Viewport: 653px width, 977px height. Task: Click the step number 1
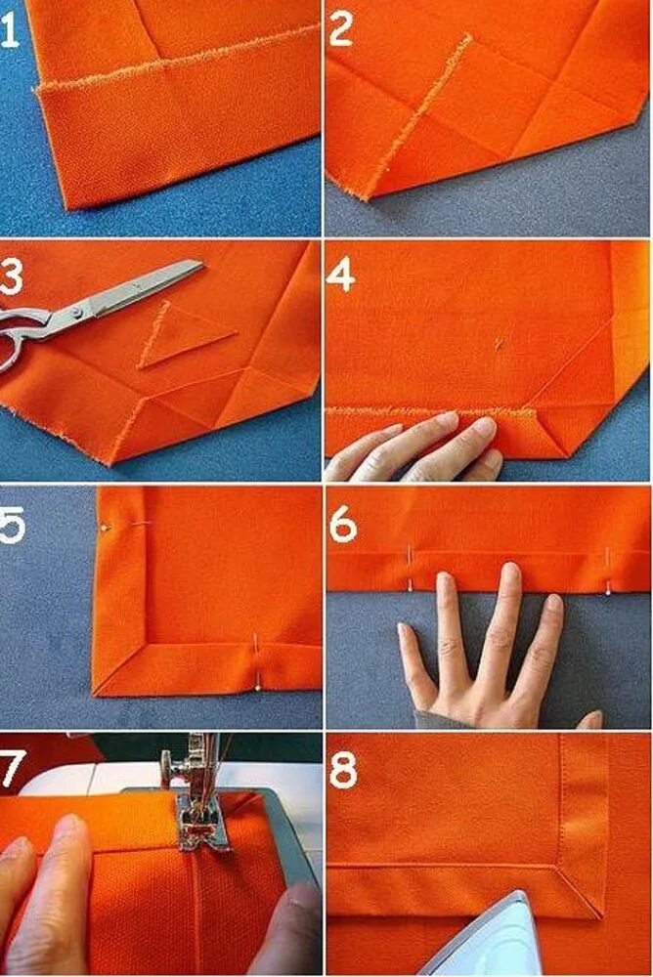9,31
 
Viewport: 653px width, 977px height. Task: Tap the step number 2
341,29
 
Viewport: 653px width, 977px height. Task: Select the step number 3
11,276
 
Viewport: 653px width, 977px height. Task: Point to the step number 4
340,276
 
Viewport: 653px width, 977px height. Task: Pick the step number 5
12,526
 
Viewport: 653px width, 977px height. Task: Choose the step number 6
343,524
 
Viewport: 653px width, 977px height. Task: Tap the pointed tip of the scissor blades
202,264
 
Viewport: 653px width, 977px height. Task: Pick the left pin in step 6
410,567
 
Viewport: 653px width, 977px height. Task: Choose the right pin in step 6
609,571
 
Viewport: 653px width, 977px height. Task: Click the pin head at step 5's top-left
105,528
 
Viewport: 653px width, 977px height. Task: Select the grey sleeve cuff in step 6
437,718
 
